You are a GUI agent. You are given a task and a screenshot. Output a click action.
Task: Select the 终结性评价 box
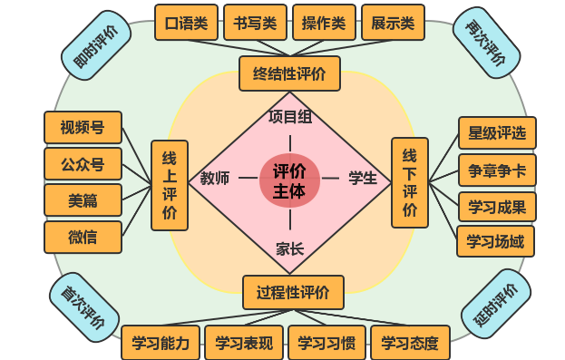click(289, 73)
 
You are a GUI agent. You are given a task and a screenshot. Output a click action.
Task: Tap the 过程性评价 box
click(292, 292)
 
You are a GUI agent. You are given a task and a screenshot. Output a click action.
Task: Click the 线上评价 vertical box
click(170, 185)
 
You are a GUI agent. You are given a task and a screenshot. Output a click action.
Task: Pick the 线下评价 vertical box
click(409, 182)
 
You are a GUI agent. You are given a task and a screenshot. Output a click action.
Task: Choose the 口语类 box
click(186, 23)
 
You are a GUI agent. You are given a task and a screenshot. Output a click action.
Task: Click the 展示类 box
click(393, 23)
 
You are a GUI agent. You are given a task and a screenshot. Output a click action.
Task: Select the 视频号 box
click(83, 127)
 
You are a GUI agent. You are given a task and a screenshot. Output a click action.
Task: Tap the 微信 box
click(83, 238)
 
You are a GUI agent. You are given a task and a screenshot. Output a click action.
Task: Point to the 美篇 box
click(83, 200)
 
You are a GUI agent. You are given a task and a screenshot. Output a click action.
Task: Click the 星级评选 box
click(496, 133)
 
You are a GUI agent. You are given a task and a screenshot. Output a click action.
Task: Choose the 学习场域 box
click(495, 241)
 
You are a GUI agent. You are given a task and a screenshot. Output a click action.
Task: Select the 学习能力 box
click(161, 343)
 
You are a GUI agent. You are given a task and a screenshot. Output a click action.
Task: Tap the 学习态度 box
click(410, 343)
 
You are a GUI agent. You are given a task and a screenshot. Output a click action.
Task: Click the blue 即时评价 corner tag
click(95, 44)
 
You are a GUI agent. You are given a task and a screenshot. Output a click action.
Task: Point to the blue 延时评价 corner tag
click(495, 305)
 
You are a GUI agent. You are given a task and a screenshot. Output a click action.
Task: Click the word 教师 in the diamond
click(215, 178)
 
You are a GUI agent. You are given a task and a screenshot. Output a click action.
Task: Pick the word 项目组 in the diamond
click(290, 116)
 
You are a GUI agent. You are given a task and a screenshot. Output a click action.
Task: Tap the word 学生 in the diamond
click(363, 178)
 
